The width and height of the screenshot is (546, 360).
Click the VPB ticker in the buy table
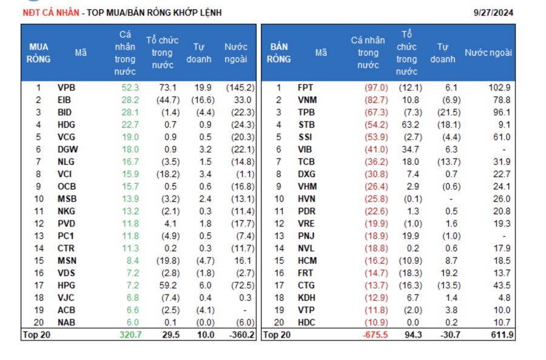[66, 87]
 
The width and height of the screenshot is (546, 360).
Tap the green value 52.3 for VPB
[130, 87]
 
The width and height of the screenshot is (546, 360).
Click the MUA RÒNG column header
[38, 53]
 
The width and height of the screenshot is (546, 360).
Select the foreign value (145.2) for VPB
[240, 87]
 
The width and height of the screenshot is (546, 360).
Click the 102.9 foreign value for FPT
[500, 87]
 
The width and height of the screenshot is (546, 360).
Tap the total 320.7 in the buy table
[129, 335]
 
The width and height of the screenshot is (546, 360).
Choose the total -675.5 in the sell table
[375, 335]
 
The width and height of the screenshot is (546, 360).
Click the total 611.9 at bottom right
[500, 335]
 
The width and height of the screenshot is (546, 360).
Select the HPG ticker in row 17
[67, 285]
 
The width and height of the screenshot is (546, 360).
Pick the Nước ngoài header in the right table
[488, 53]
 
